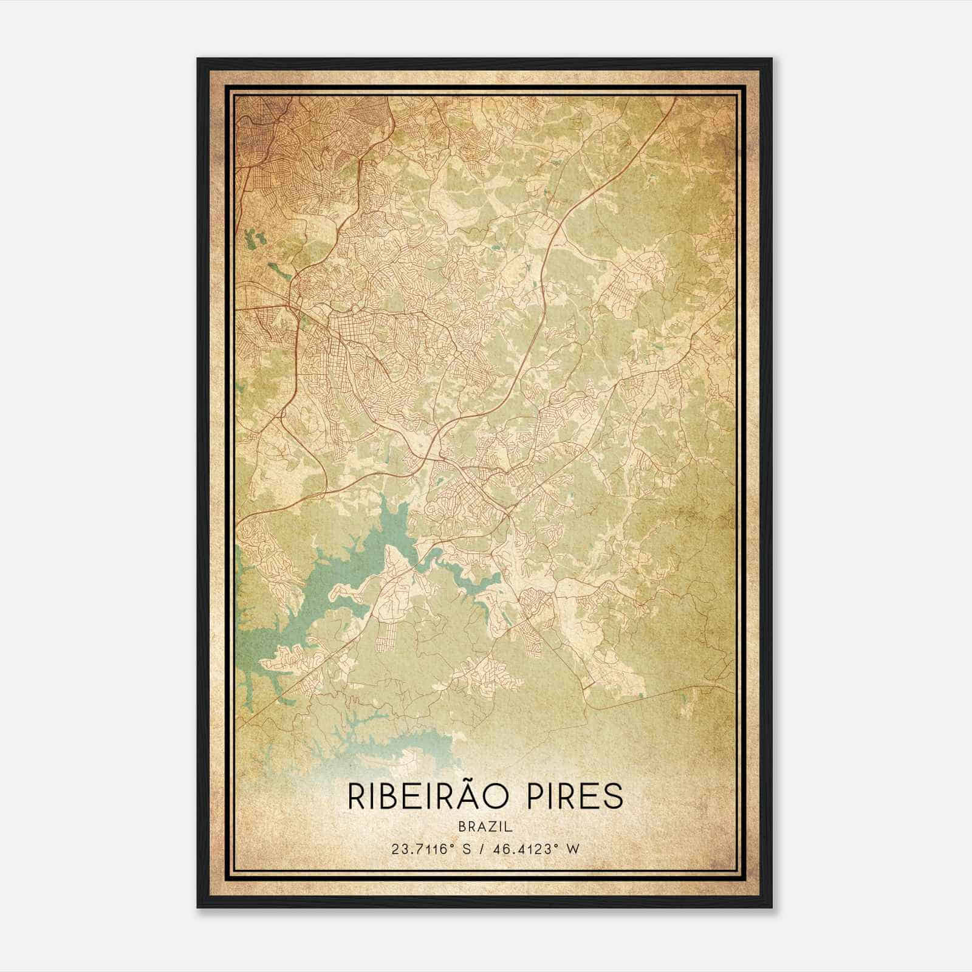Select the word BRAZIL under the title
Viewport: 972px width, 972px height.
point(486,827)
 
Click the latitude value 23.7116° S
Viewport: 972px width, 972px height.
point(431,849)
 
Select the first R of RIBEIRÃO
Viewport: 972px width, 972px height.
point(355,796)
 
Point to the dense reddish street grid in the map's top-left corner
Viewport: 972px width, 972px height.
point(267,140)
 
